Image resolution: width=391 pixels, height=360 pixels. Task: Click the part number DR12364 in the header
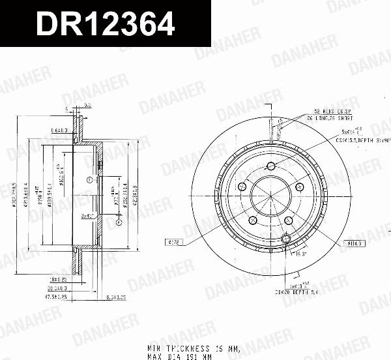click(x=105, y=25)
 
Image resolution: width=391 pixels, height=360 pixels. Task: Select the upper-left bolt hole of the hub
click(x=242, y=188)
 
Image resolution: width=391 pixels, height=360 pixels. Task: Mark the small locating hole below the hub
click(x=285, y=240)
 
